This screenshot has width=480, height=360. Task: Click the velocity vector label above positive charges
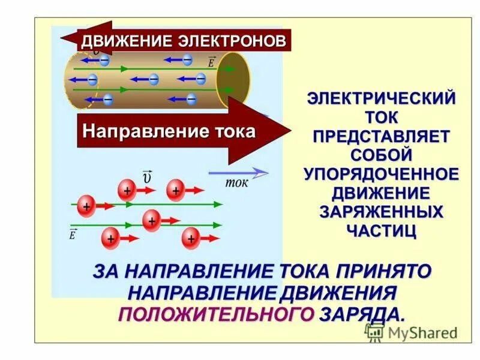click(148, 177)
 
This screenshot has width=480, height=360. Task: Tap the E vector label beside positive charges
click(73, 234)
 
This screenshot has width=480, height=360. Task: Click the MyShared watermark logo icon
click(375, 332)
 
